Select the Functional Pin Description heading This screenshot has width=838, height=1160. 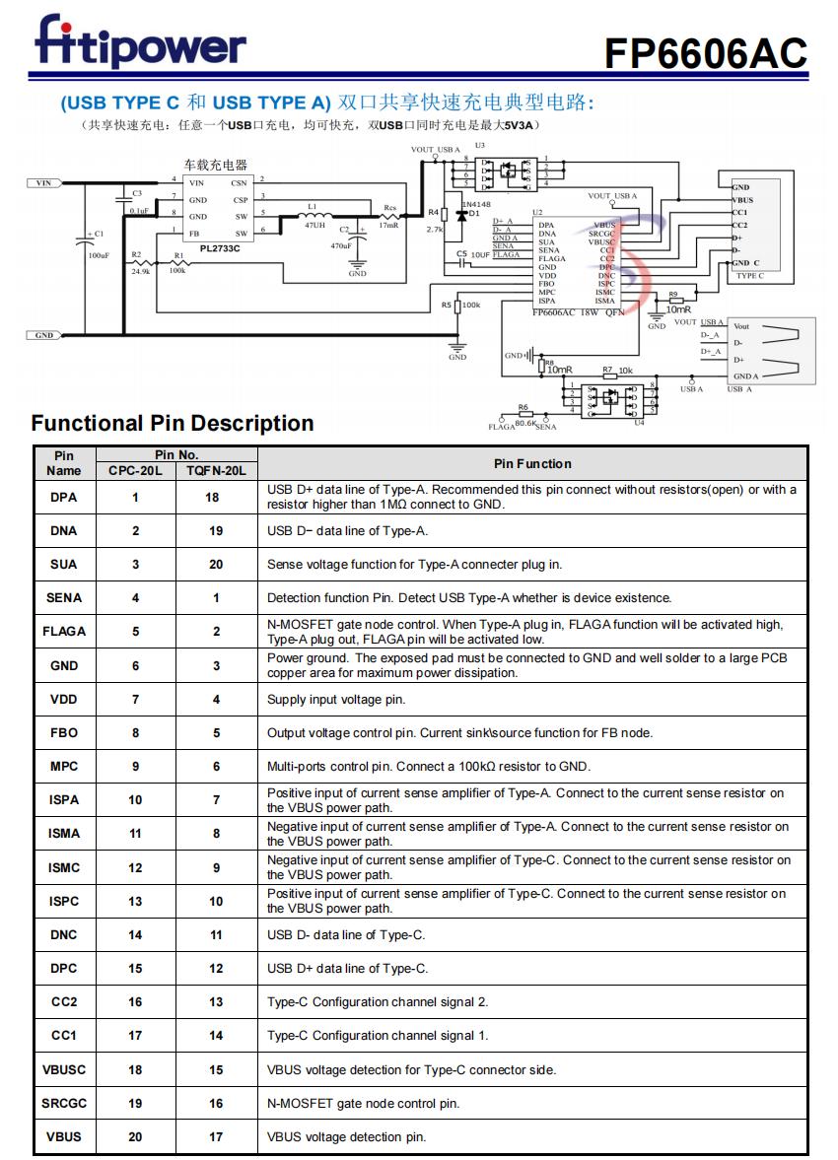(173, 424)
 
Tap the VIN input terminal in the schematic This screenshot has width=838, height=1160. (43, 182)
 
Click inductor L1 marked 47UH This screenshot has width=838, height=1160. (314, 225)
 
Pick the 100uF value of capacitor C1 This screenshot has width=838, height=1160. (99, 255)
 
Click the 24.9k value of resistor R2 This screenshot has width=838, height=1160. (141, 271)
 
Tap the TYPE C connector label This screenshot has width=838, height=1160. (749, 276)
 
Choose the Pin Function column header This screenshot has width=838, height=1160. (532, 463)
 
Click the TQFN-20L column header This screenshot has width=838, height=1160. (216, 471)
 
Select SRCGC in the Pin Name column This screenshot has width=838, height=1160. (64, 1103)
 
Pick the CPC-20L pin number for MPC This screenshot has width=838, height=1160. (135, 766)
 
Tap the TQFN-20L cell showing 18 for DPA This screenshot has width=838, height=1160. (216, 497)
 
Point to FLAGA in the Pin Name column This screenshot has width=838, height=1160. (64, 631)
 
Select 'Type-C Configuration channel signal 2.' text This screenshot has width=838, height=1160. (378, 1002)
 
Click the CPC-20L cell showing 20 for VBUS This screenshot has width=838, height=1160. (135, 1136)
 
